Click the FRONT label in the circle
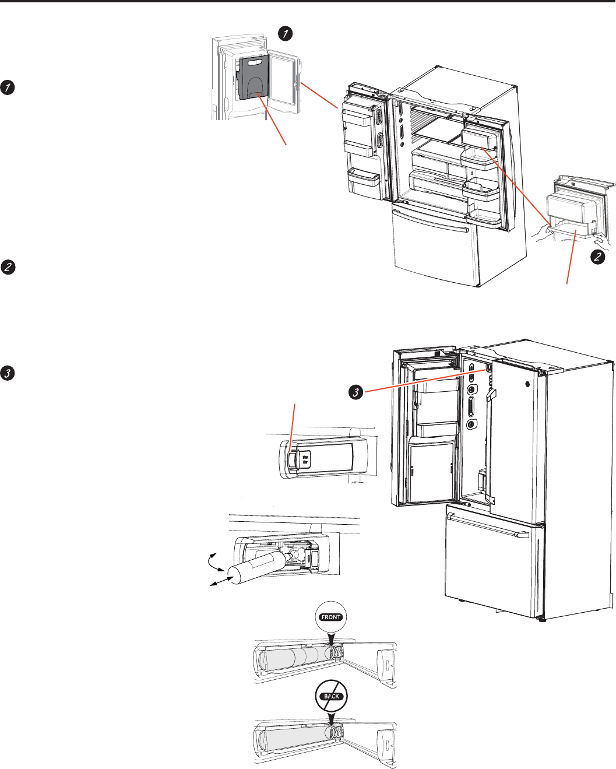coord(331,617)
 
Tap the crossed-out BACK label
coord(331,696)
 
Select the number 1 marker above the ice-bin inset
coord(284,34)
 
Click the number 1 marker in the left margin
coord(8,88)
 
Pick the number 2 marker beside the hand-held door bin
coord(597,257)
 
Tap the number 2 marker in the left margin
coord(8,268)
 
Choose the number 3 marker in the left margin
coord(8,373)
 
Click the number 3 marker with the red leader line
coord(355,393)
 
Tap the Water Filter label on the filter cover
coord(305,459)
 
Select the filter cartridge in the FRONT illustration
coord(294,656)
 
